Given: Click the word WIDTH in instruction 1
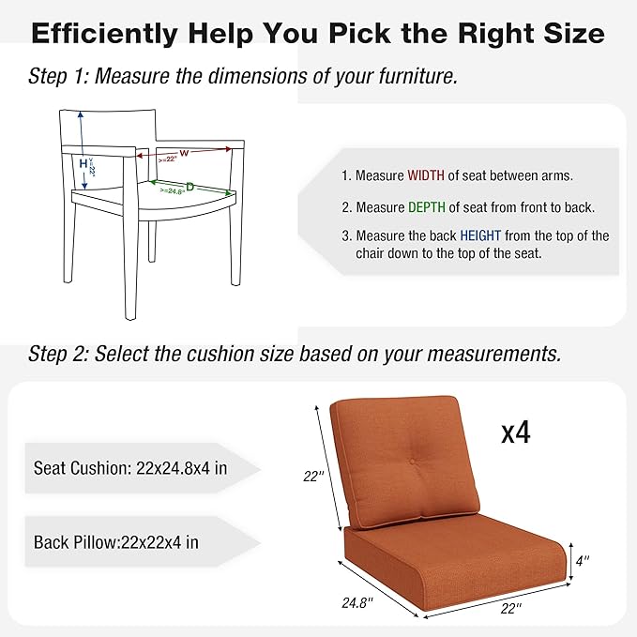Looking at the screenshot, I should click(x=427, y=175).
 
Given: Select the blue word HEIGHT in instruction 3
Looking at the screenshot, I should click(x=481, y=235).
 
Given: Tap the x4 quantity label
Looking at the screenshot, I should click(x=516, y=432).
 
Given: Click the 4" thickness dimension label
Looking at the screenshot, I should click(x=584, y=561).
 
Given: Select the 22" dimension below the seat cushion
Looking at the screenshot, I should click(x=510, y=609).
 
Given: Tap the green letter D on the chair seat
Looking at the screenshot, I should click(x=190, y=187).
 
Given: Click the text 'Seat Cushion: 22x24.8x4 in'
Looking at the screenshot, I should click(x=129, y=467).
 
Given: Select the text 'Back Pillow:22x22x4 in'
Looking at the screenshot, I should click(x=115, y=541).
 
